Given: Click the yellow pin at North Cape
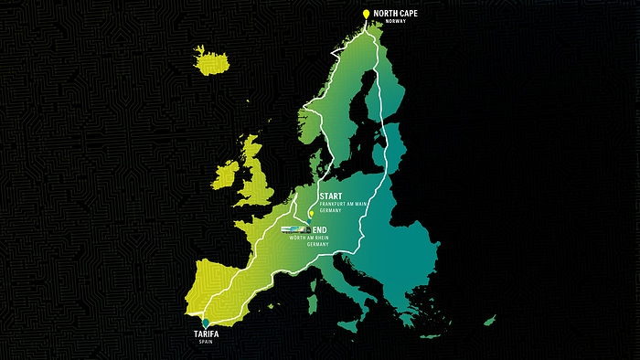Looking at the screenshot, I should point(366,15).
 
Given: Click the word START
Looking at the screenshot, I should point(331,196).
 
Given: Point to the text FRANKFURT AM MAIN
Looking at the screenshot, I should point(344,205).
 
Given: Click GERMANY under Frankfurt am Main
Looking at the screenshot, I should point(330,212).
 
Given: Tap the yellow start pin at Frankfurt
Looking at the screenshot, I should point(312,214).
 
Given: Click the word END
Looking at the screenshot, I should point(321,228).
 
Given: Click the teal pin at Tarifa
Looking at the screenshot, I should point(207,323).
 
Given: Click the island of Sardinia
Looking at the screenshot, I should point(312,287).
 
